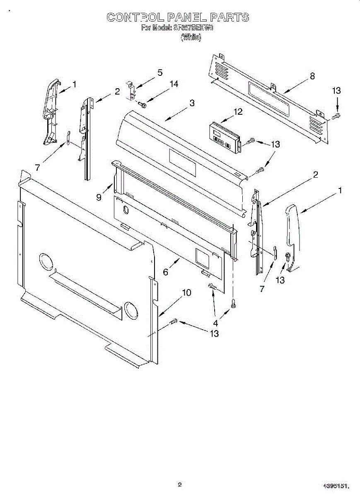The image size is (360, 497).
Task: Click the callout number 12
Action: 238,111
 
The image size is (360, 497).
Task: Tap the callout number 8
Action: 312,76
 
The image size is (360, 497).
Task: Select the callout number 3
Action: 192,104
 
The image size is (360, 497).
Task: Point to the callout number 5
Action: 159,73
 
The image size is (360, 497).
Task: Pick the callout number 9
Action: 99,198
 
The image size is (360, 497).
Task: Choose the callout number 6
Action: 165,272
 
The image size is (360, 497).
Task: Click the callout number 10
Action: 186,293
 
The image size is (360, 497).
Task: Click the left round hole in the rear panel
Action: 46,262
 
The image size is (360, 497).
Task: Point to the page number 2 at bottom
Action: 179,484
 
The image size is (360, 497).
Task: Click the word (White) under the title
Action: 191,37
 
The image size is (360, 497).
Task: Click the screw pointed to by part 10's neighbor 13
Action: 174,321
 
